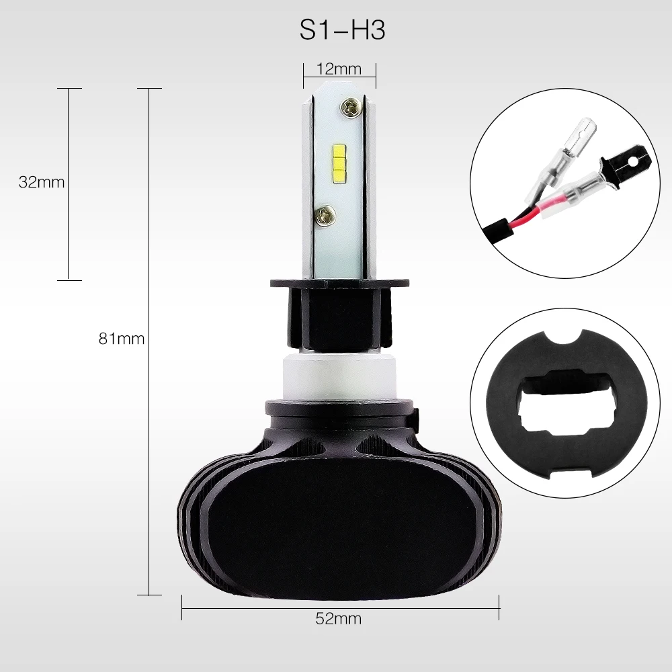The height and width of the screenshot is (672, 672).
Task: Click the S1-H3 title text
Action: (342, 30)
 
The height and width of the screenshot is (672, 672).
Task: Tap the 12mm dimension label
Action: (339, 69)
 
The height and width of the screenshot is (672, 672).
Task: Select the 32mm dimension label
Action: (42, 182)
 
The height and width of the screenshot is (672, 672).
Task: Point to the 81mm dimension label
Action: (121, 339)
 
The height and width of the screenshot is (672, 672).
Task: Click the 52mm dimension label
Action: (339, 618)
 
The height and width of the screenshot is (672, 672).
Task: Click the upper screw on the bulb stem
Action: (349, 107)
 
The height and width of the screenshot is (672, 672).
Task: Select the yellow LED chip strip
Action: (339, 163)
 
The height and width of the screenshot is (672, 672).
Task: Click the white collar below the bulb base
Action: (339, 377)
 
